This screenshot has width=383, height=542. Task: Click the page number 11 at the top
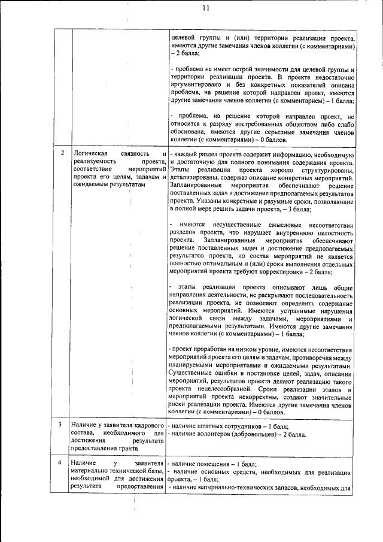pyautogui.click(x=206, y=8)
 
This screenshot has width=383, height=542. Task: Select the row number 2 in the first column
pyautogui.click(x=63, y=154)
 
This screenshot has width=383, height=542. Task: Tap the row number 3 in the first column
pyautogui.click(x=63, y=425)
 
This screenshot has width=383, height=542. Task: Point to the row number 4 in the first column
pyautogui.click(x=63, y=463)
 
